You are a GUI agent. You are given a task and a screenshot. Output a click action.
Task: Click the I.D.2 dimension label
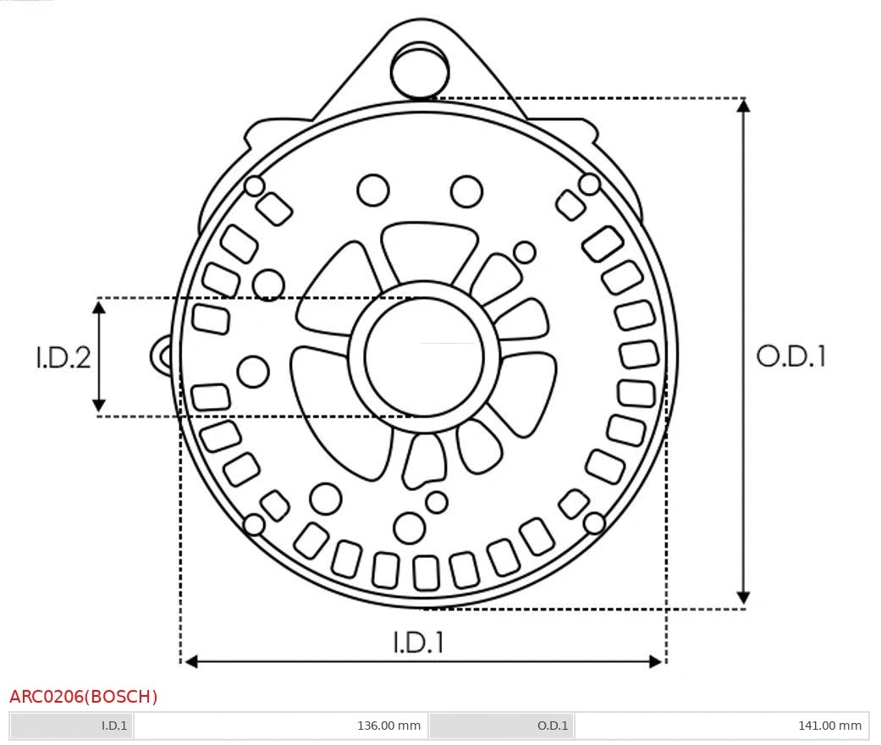(63, 357)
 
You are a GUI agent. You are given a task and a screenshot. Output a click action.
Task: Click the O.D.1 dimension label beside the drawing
(790, 356)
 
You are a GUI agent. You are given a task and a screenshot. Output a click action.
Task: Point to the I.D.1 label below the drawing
(418, 643)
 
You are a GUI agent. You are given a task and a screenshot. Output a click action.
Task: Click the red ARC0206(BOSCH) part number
(84, 697)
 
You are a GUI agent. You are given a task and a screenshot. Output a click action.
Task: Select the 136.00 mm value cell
(388, 726)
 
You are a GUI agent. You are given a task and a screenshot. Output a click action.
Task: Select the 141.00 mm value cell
(829, 726)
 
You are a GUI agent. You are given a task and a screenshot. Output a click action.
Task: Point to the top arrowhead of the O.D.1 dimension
(743, 106)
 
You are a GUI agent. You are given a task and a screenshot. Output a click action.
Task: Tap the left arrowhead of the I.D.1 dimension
(191, 660)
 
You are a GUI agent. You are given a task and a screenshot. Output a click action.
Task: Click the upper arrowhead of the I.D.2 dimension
(99, 306)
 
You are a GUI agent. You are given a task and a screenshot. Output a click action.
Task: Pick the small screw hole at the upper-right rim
(589, 184)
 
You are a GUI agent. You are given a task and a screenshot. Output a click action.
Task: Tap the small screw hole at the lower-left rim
(253, 525)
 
